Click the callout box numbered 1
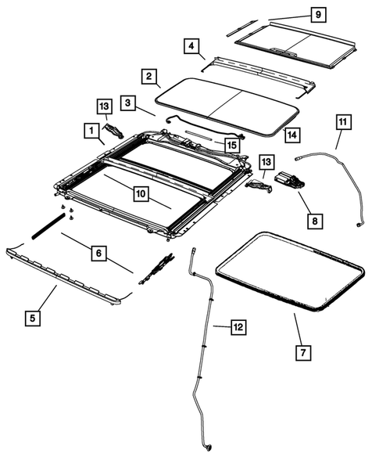pyautogui.click(x=91, y=127)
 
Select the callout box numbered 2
pyautogui.click(x=147, y=77)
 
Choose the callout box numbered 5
pyautogui.click(x=32, y=318)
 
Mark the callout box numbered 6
pyautogui.click(x=98, y=253)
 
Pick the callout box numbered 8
pyautogui.click(x=313, y=221)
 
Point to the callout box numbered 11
pyautogui.click(x=345, y=121)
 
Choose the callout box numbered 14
pyautogui.click(x=291, y=135)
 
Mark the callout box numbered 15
pyautogui.click(x=231, y=145)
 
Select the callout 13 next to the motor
pyautogui.click(x=266, y=162)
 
